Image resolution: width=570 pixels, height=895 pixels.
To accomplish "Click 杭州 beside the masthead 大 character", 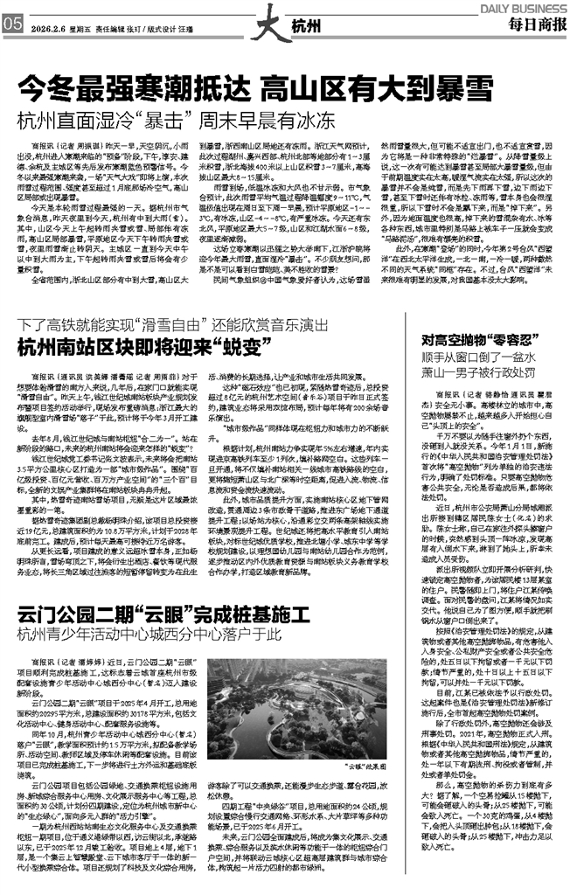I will click(307, 26).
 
